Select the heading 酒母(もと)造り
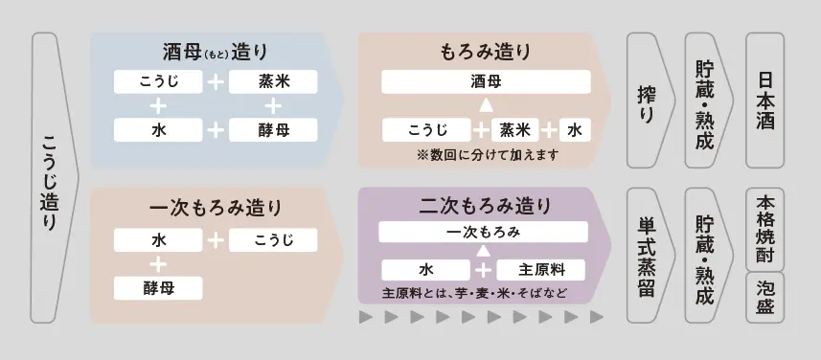point(215,52)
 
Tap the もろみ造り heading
point(484,52)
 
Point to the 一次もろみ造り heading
point(215,207)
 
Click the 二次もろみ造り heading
point(485,205)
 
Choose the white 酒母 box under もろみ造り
point(485,82)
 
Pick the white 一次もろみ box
point(483,233)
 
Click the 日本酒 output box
point(764,99)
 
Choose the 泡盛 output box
point(764,296)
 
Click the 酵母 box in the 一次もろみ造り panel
point(158,286)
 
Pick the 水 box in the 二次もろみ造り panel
point(425,268)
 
